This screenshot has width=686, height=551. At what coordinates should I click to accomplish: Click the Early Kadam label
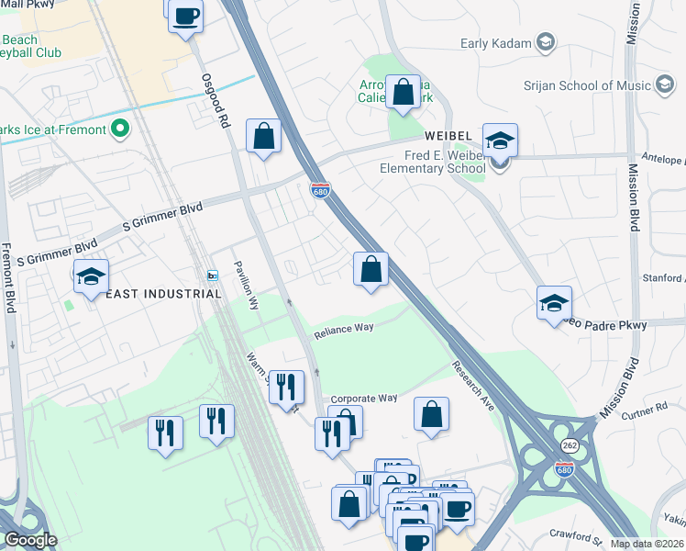click(495, 42)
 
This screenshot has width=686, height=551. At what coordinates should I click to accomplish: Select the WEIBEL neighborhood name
click(448, 136)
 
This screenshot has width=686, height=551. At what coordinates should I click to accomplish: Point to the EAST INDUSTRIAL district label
click(163, 294)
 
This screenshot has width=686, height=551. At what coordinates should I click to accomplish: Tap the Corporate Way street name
click(363, 399)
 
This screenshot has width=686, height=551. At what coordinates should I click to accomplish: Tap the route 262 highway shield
click(569, 444)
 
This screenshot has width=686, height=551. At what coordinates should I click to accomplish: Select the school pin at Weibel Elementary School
click(500, 141)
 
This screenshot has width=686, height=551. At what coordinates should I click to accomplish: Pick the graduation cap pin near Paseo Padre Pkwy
click(555, 303)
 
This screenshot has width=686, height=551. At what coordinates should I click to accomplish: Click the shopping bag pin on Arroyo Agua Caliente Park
click(403, 92)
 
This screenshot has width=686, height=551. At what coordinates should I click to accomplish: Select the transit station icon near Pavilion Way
click(212, 275)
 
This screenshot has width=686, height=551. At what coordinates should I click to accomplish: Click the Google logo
click(30, 540)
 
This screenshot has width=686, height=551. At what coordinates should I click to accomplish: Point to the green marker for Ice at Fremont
click(118, 129)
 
